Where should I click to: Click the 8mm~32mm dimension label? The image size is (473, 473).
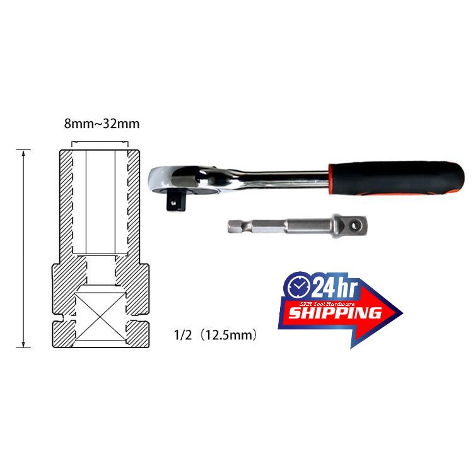pyautogui.click(x=102, y=124)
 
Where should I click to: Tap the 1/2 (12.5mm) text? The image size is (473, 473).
pyautogui.click(x=216, y=335)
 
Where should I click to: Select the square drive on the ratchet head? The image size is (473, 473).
pyautogui.click(x=176, y=199)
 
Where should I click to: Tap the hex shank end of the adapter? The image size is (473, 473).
pyautogui.click(x=257, y=226)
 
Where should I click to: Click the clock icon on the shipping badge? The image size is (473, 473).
pyautogui.click(x=299, y=286)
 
